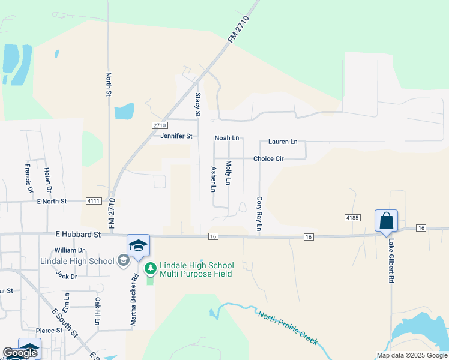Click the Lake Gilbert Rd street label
tap(391, 262)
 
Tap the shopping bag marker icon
tap(386, 220)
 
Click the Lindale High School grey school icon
tap(123, 260)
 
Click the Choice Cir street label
tap(268, 159)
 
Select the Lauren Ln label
tap(283, 142)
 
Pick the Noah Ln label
tap(227, 138)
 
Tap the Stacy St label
tap(197, 104)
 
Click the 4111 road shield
tap(93, 201)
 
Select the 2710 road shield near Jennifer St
tap(158, 125)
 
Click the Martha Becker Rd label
tap(135, 299)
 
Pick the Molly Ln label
tap(228, 173)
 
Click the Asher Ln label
tap(212, 179)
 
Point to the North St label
tap(109, 85)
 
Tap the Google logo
tap(20, 353)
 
